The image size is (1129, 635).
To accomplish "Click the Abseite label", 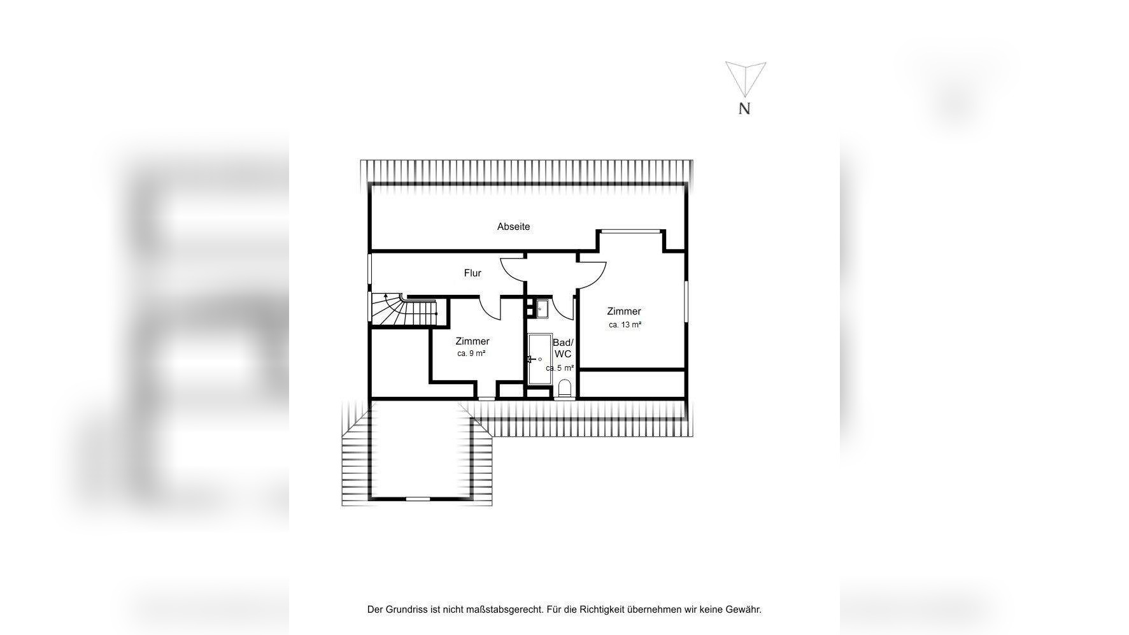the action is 513,227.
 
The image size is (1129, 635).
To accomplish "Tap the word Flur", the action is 472,273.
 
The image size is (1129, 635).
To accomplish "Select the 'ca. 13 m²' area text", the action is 625,325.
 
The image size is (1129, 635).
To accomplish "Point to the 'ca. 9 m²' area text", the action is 472,353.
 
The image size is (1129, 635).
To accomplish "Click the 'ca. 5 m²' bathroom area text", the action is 560,368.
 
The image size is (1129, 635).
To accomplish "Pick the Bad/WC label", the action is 563,348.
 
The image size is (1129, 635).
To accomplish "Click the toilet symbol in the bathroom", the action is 565,389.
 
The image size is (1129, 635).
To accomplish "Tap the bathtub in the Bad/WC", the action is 540,359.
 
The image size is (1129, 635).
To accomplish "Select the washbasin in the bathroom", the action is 542,309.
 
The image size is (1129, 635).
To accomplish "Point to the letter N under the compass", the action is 744,109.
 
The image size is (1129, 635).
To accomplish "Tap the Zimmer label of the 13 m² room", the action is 624,311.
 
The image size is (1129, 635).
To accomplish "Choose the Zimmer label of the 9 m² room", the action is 472,341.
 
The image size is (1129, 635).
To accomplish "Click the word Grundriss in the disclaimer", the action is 406,610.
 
